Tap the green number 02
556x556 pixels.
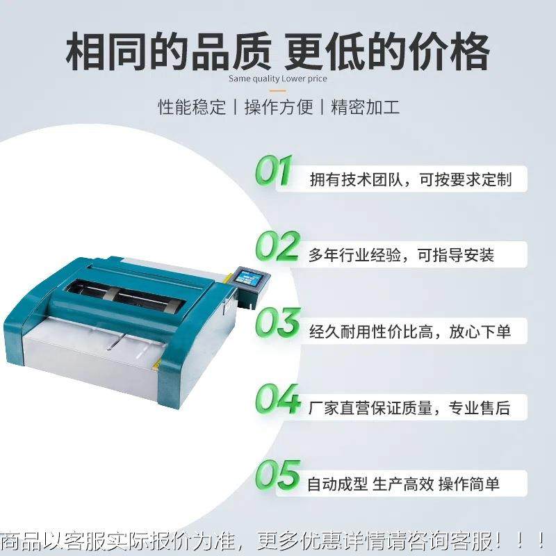click(x=277, y=246)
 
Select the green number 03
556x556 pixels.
click(x=277, y=322)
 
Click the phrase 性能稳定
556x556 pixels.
click(x=192, y=108)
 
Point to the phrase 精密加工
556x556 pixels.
click(x=365, y=108)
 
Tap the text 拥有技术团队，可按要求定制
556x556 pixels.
click(x=410, y=179)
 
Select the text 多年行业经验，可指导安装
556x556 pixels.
click(x=401, y=255)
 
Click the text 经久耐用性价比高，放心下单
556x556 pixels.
click(x=409, y=332)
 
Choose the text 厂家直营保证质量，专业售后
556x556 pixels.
click(x=409, y=407)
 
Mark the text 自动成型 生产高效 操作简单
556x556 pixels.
click(x=403, y=484)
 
